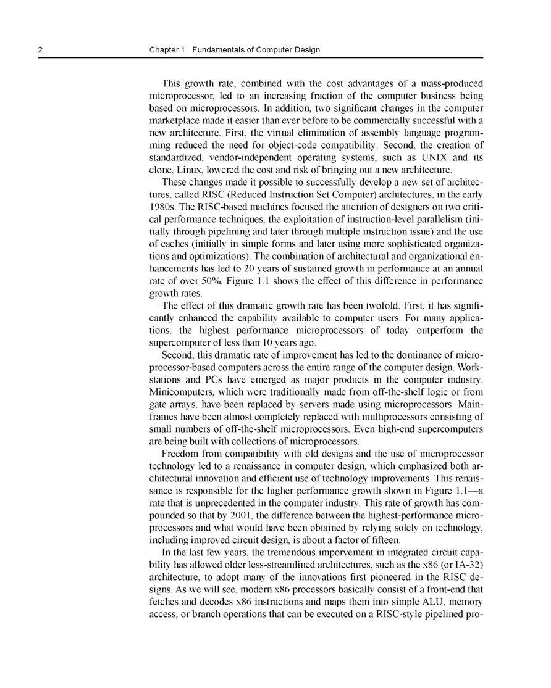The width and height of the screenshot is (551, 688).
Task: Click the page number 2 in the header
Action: pyautogui.click(x=40, y=50)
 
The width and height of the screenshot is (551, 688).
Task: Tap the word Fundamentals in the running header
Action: pyautogui.click(x=220, y=50)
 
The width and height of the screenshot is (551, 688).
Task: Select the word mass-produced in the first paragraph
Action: pyautogui.click(x=452, y=83)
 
